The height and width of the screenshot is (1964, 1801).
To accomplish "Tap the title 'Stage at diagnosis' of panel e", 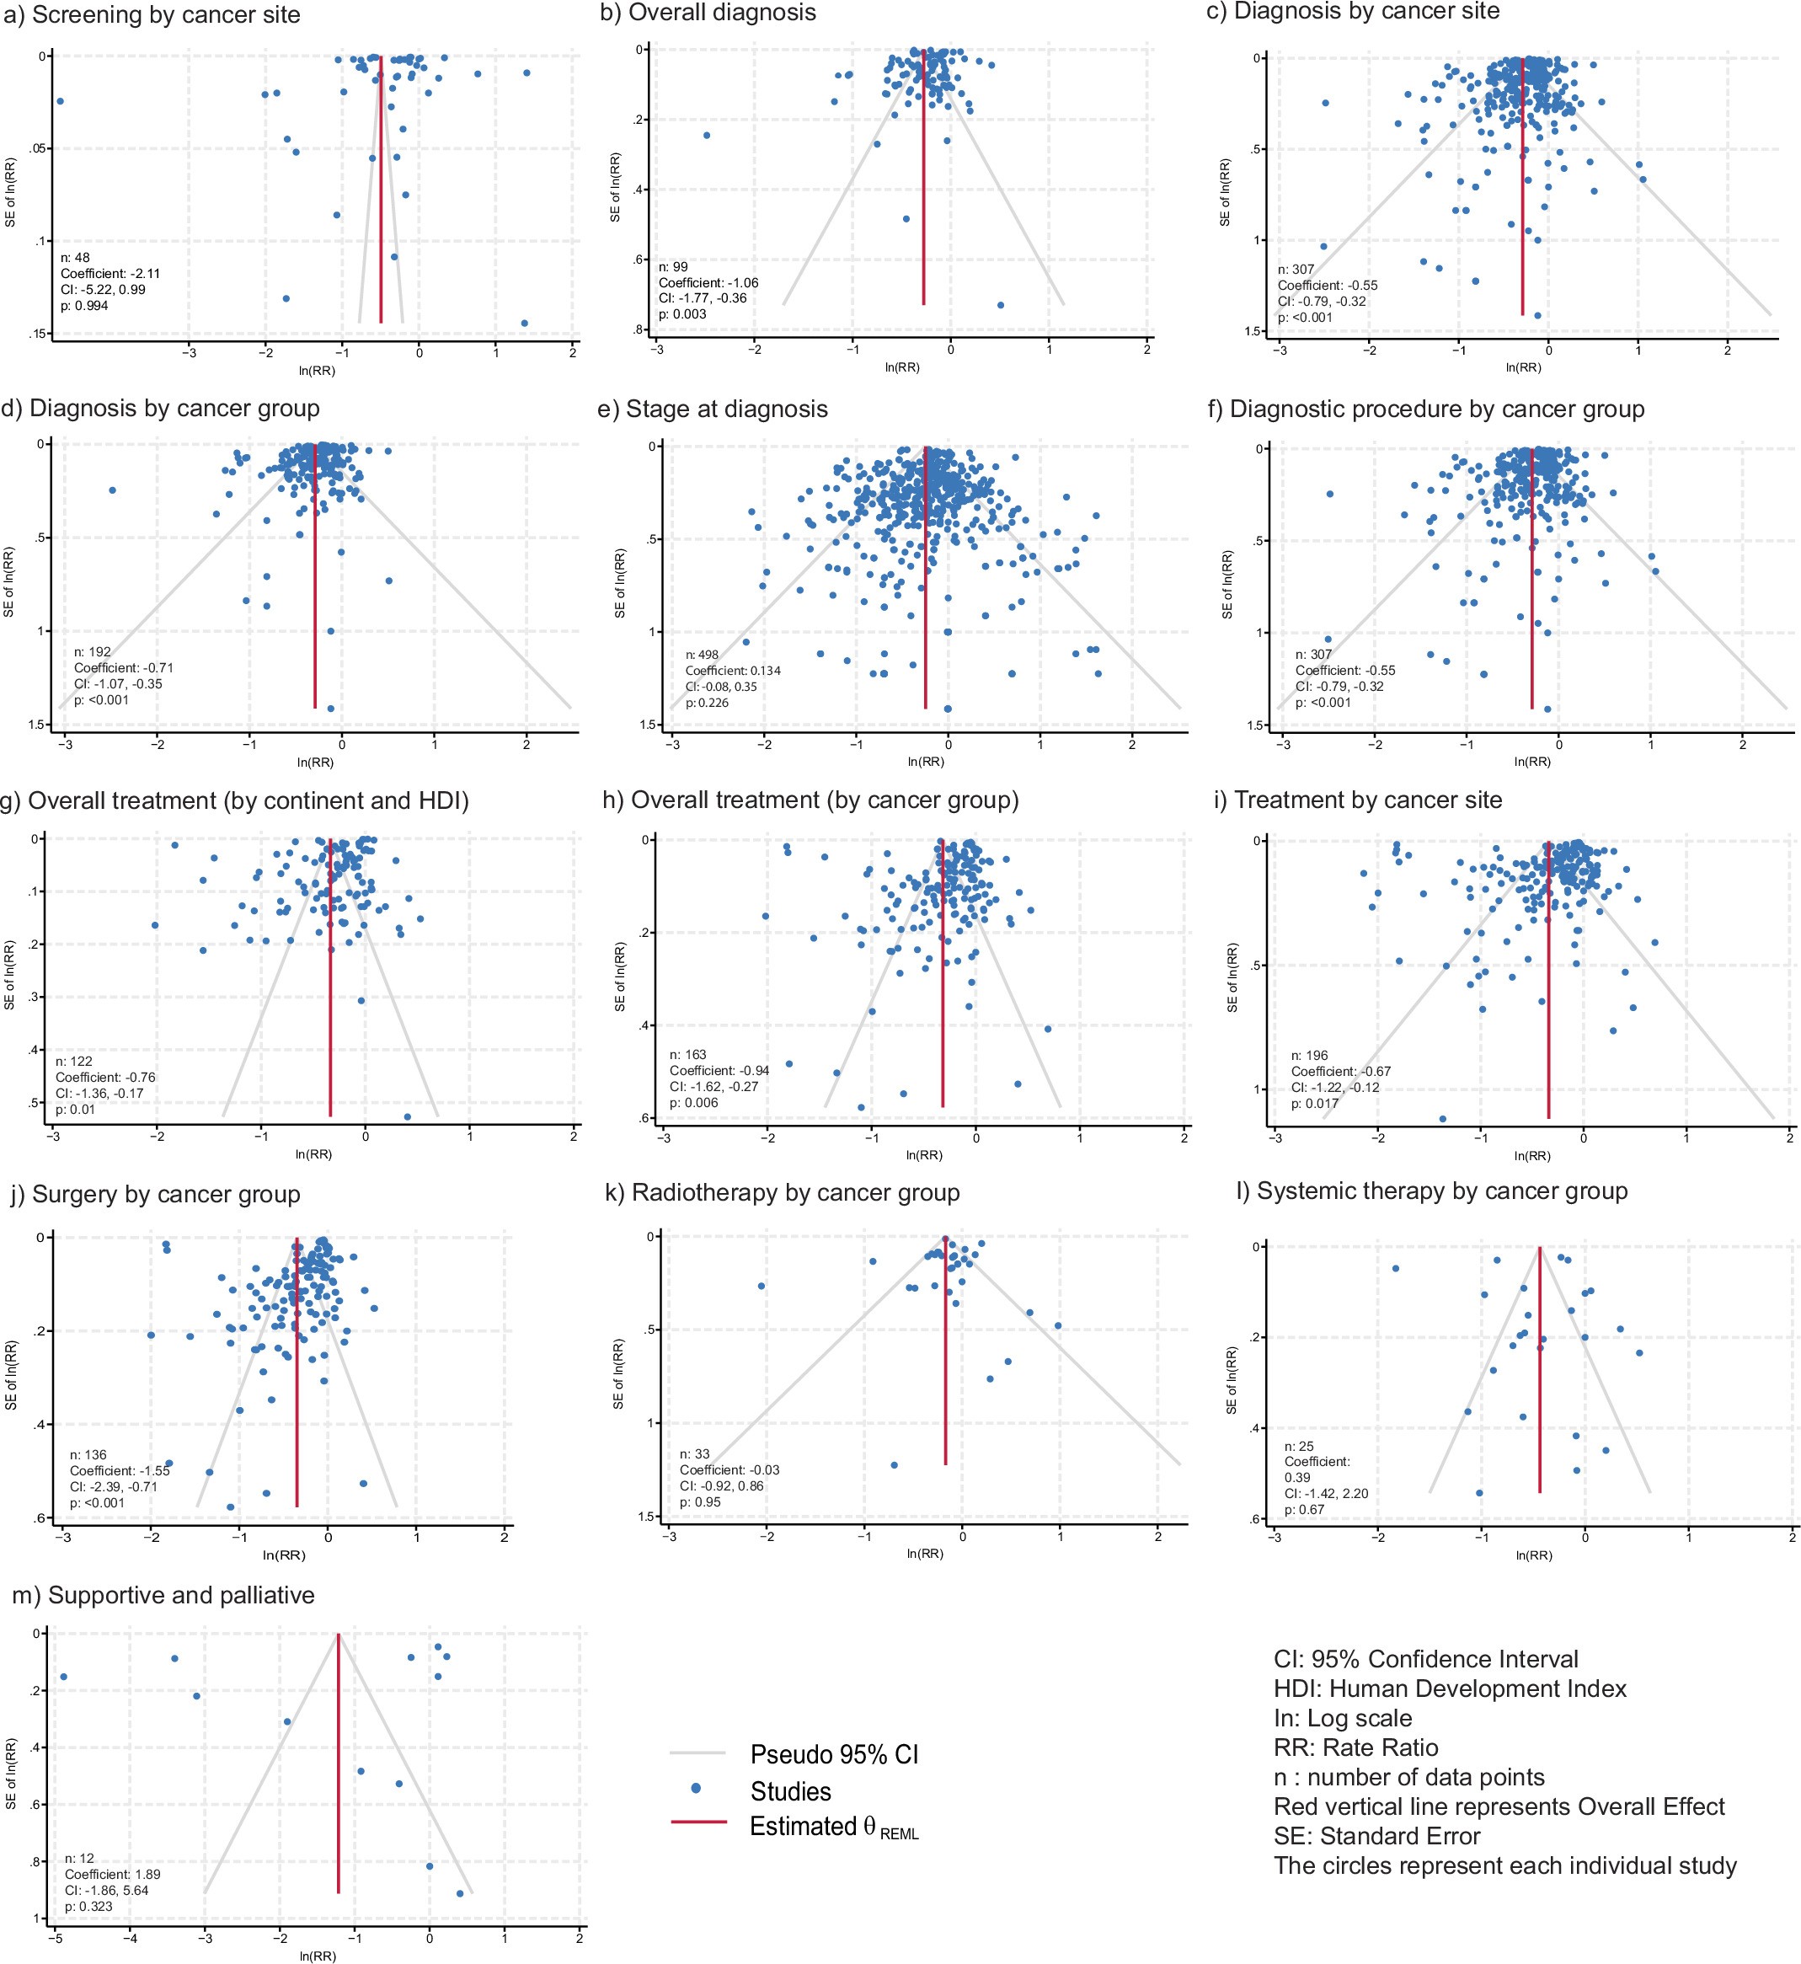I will pyautogui.click(x=726, y=409).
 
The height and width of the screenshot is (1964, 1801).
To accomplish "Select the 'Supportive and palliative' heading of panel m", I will pyautogui.click(x=163, y=1595).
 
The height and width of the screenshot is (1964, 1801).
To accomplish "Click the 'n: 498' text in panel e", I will pyautogui.click(x=702, y=655).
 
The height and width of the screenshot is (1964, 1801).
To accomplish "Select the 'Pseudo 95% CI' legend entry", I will pyautogui.click(x=833, y=1754).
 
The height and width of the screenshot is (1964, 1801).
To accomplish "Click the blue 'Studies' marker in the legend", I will pyautogui.click(x=696, y=1789).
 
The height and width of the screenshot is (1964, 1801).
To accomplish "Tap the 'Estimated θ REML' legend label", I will pyautogui.click(x=833, y=1827).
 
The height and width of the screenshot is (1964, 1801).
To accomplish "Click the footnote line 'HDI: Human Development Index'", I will pyautogui.click(x=1449, y=1688).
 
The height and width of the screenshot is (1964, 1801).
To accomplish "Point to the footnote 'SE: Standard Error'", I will pyautogui.click(x=1376, y=1836).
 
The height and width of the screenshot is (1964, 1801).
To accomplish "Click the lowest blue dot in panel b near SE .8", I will pyautogui.click(x=1000, y=305).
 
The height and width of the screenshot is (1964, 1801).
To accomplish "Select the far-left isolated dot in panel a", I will pyautogui.click(x=61, y=100).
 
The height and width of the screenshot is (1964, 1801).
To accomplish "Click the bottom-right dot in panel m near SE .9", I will pyautogui.click(x=460, y=1893).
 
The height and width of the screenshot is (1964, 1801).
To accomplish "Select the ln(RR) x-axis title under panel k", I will pyautogui.click(x=924, y=1553).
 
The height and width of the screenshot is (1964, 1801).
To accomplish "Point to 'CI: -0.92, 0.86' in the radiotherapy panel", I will pyautogui.click(x=721, y=1486).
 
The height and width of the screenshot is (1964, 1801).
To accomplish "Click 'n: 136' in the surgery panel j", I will pyautogui.click(x=88, y=1454).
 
